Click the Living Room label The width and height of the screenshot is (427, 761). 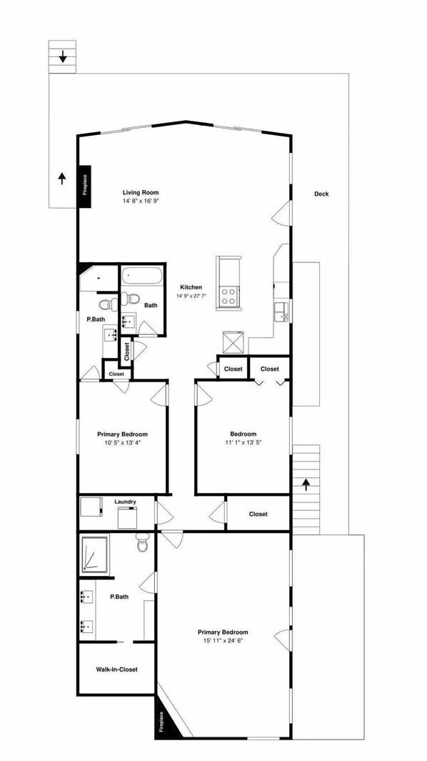pyautogui.click(x=140, y=192)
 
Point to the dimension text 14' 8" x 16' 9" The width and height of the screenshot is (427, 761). pyautogui.click(x=140, y=202)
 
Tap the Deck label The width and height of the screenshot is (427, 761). pyautogui.click(x=321, y=194)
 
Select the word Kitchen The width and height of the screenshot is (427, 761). pyautogui.click(x=191, y=287)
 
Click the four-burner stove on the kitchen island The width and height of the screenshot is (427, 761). pyautogui.click(x=231, y=295)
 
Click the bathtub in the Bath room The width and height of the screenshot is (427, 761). pyautogui.click(x=141, y=276)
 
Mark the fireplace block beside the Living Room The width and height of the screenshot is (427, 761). pyautogui.click(x=84, y=186)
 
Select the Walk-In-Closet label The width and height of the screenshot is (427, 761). pyautogui.click(x=116, y=670)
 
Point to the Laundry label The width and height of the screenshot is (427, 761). pyautogui.click(x=125, y=502)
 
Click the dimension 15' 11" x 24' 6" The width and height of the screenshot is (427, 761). pyautogui.click(x=223, y=642)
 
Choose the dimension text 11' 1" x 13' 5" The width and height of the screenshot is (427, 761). pyautogui.click(x=243, y=443)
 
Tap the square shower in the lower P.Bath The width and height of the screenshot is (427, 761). pyautogui.click(x=95, y=555)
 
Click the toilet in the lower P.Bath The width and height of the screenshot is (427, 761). pyautogui.click(x=141, y=544)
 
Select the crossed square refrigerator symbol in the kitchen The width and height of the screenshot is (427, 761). pyautogui.click(x=233, y=342)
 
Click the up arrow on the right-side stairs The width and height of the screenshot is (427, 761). pyautogui.click(x=306, y=485)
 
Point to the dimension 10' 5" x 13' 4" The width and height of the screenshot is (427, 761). pyautogui.click(x=122, y=443)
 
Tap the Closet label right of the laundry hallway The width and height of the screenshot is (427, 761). pyautogui.click(x=258, y=514)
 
